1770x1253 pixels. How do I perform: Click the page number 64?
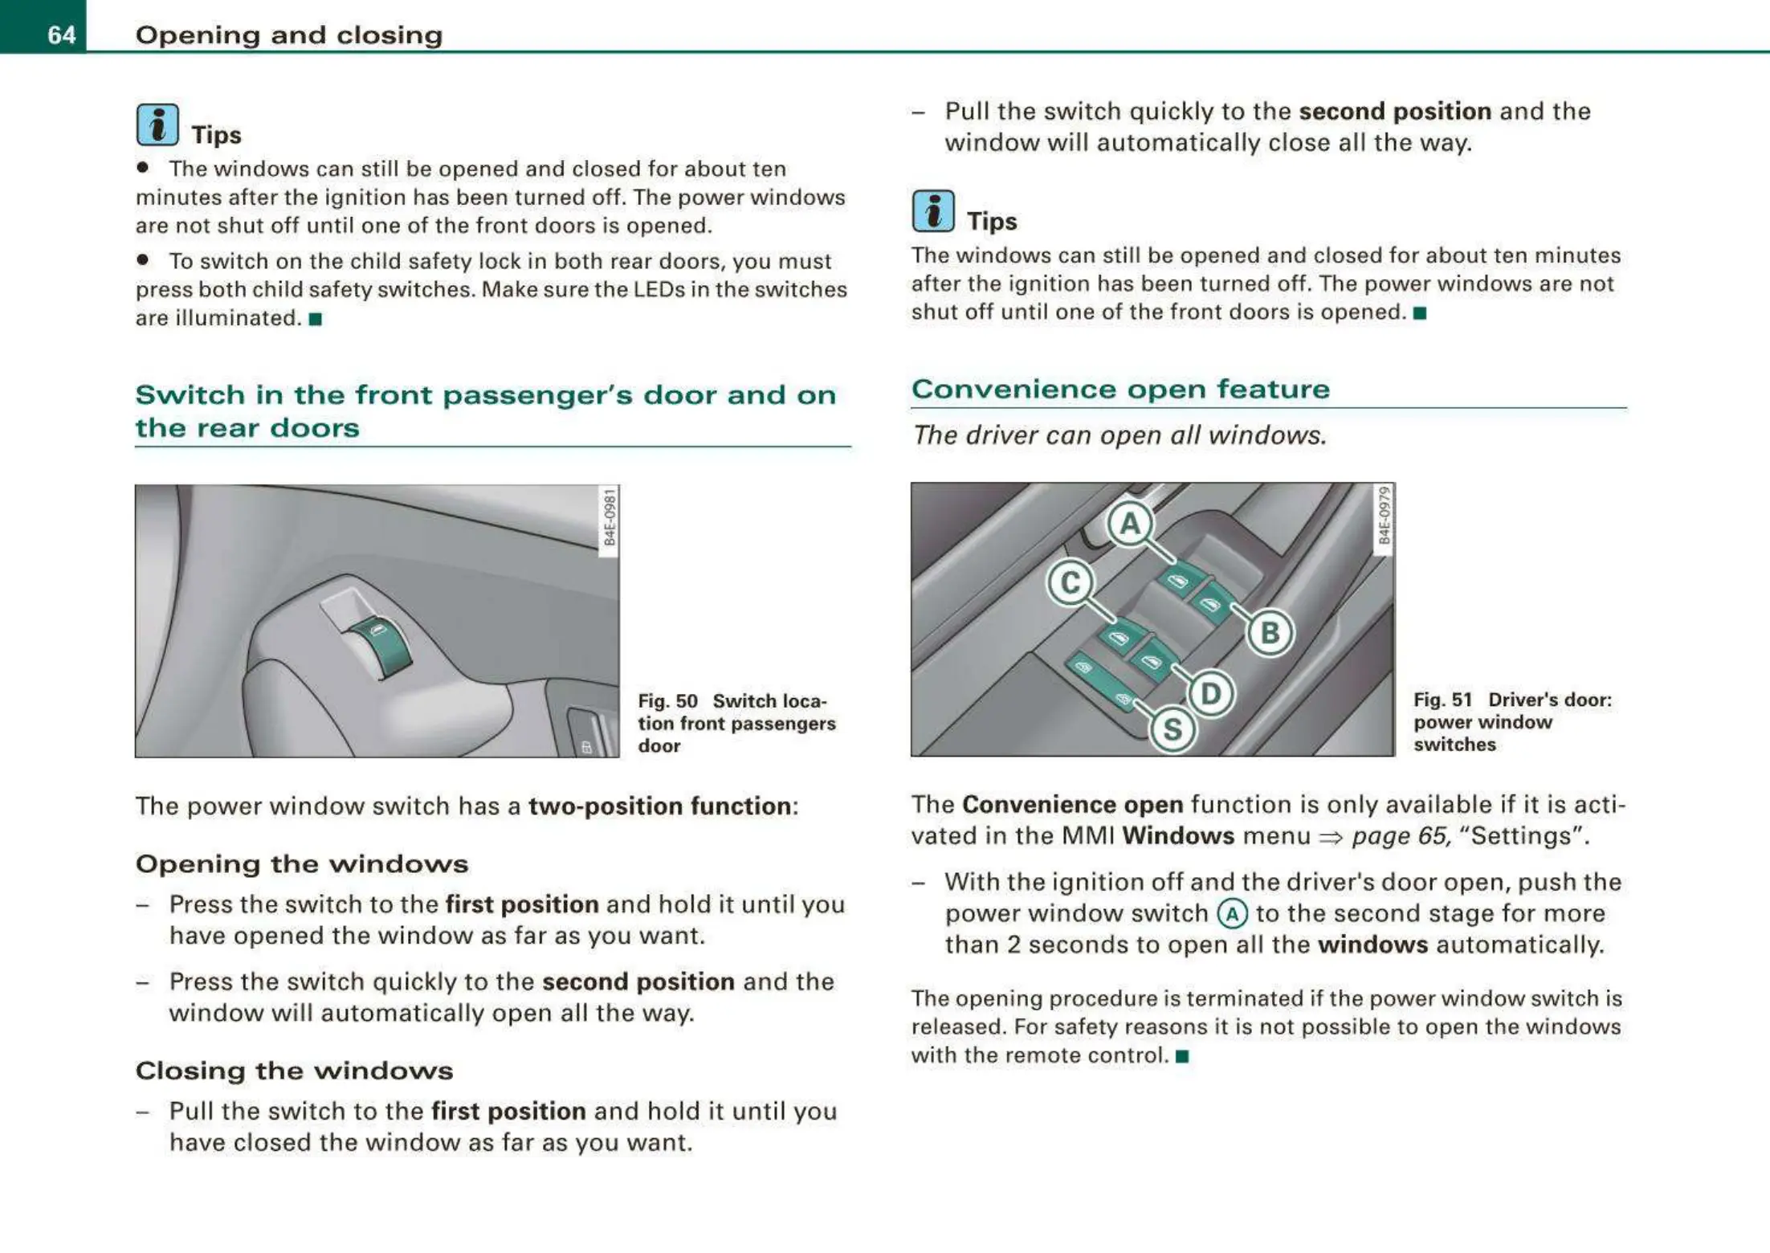click(x=61, y=35)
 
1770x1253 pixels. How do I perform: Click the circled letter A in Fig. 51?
click(x=1130, y=524)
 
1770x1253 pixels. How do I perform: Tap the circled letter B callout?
click(x=1270, y=633)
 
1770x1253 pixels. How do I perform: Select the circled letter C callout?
click(x=1071, y=582)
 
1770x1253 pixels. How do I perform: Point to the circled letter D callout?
click(x=1211, y=694)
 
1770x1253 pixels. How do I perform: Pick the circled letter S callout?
click(x=1173, y=729)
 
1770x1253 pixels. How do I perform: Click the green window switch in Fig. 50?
click(x=385, y=646)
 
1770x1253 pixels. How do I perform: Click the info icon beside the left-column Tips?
click(x=157, y=125)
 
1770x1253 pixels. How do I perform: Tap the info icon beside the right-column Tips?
click(x=933, y=211)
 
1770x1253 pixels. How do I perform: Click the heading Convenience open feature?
click(x=1120, y=390)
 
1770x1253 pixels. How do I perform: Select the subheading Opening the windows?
click(x=302, y=864)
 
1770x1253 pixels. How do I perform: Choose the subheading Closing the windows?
click(x=294, y=1071)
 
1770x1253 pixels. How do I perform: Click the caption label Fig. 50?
click(x=667, y=701)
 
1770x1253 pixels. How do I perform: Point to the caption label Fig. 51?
click(x=1443, y=700)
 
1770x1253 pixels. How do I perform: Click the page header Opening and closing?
click(x=289, y=35)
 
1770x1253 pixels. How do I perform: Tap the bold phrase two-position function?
click(x=660, y=806)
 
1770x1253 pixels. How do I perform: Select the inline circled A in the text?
click(x=1232, y=914)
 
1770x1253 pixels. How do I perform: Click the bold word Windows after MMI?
click(x=1178, y=836)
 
